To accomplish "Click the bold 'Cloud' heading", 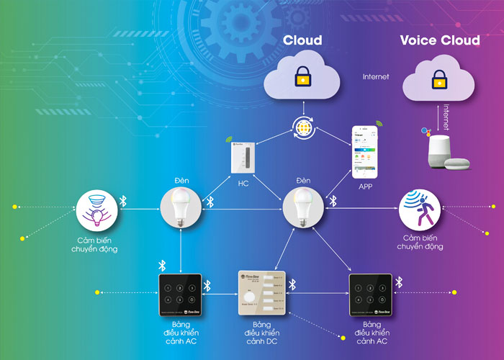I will coord(302,40).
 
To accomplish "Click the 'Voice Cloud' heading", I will coord(440,40).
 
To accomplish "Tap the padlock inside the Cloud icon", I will coord(302,76).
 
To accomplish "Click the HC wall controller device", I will coord(242,158).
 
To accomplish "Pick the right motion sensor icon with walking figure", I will coord(419,209).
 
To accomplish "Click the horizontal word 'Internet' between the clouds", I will coord(377,76).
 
